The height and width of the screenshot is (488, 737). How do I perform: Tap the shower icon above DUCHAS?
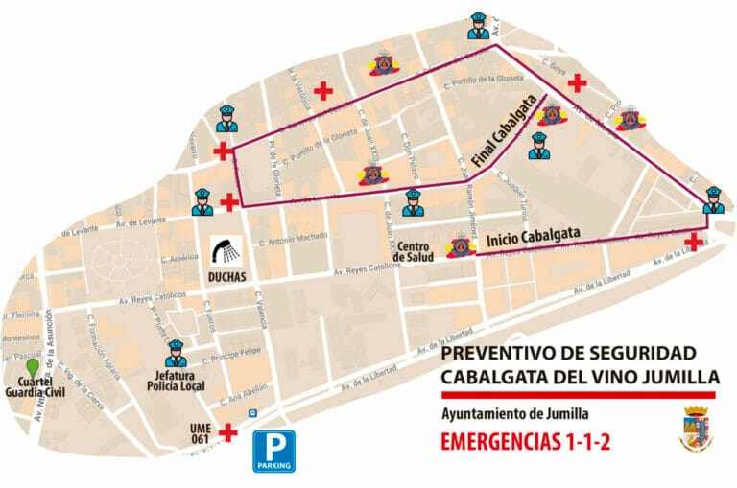[226, 251]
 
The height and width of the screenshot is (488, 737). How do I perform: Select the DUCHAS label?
[226, 277]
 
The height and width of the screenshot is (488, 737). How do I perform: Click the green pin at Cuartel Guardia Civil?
[33, 366]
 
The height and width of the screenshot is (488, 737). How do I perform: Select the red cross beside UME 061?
[228, 432]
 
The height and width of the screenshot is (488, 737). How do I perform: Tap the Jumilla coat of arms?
[696, 429]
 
